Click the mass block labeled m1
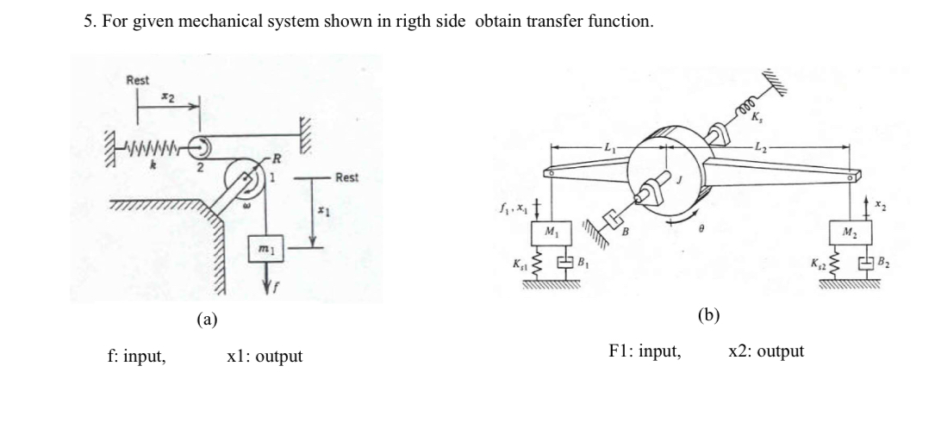[266, 247]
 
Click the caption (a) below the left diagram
[206, 320]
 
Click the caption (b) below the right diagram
[708, 315]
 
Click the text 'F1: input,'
[645, 351]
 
